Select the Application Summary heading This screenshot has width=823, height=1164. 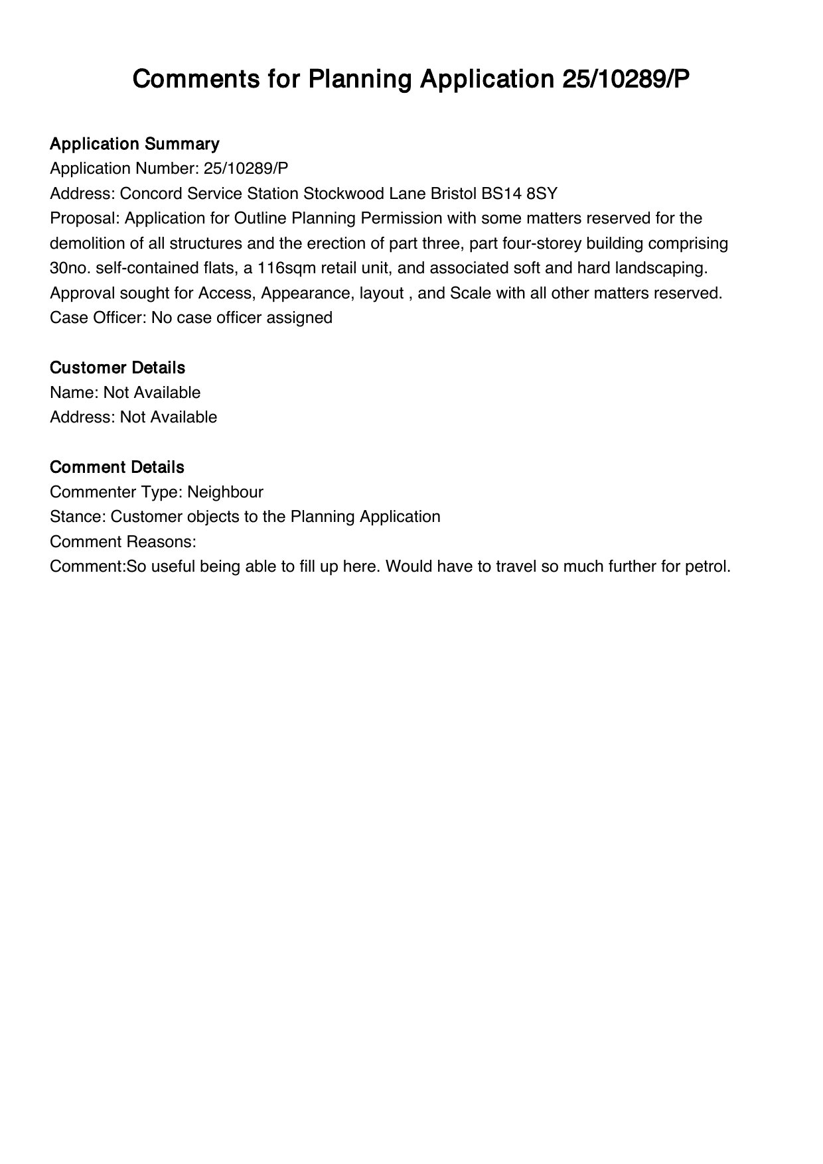click(x=134, y=144)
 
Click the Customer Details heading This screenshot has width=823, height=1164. click(x=117, y=367)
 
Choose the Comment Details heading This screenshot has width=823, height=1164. click(x=117, y=467)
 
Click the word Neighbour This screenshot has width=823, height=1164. click(x=225, y=492)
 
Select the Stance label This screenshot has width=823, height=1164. click(x=77, y=517)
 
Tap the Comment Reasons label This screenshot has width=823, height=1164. click(x=123, y=542)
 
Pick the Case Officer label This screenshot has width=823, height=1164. click(x=98, y=318)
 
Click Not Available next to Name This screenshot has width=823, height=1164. click(x=152, y=393)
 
